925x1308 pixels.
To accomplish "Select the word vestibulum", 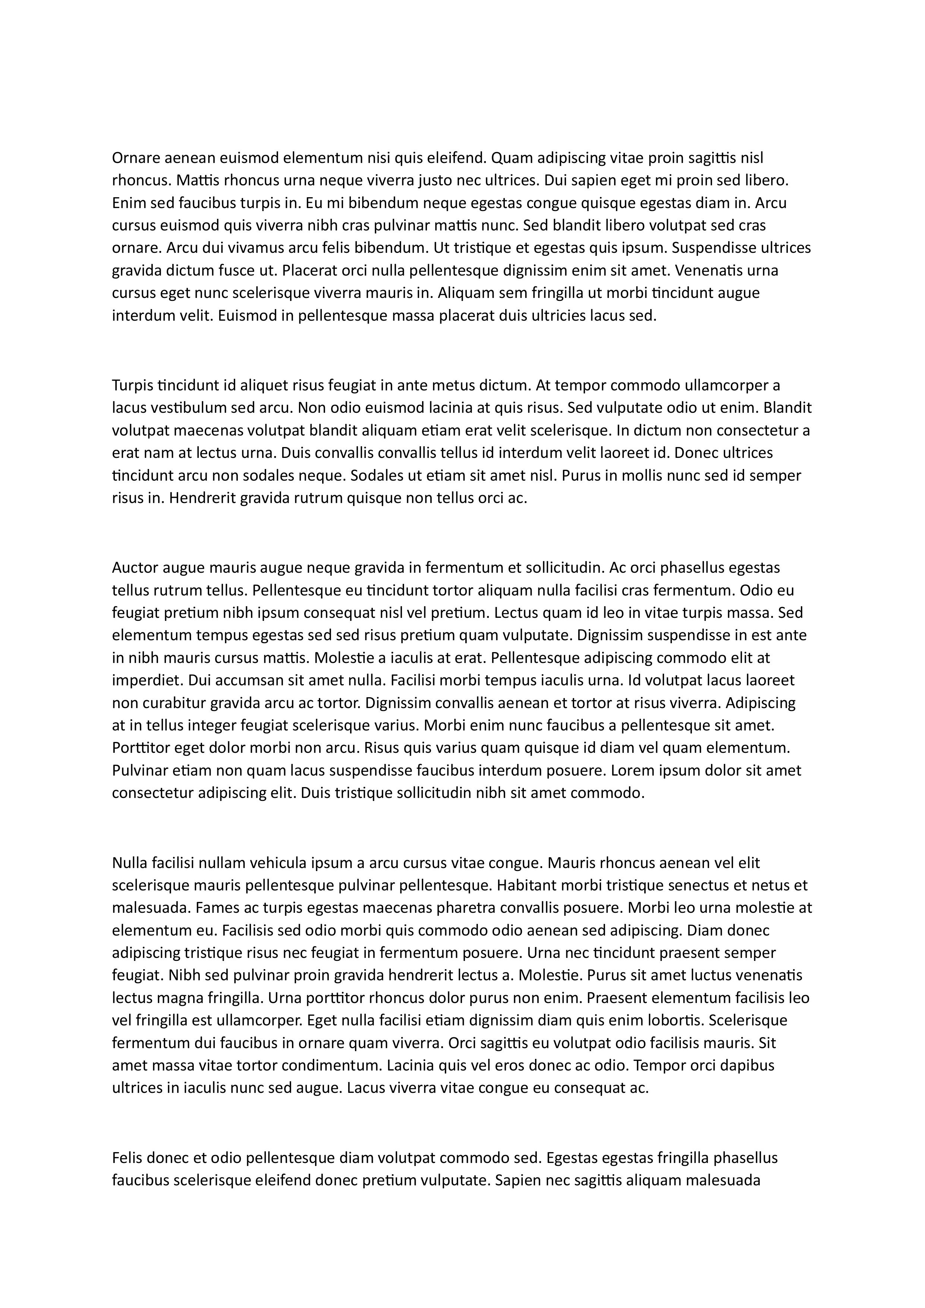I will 181,408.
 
